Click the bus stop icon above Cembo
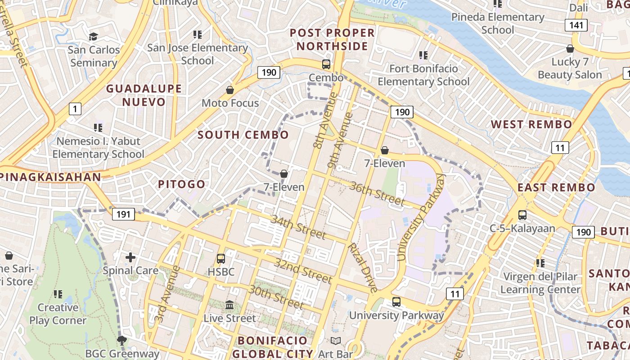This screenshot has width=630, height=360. coord(326,64)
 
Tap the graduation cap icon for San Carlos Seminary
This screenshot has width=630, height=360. coord(93,36)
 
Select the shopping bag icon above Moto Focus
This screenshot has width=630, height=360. coord(230,90)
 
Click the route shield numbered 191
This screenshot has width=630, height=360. coord(123,214)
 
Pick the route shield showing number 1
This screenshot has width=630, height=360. coord(75,108)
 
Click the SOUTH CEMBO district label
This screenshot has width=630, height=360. coord(243,135)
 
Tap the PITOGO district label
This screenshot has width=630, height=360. coord(181,184)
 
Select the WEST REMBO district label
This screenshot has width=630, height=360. coord(531,124)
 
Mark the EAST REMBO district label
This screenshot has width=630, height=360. coord(556,188)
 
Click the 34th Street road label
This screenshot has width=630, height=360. coord(298,227)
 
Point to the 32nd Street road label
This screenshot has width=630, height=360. coord(304,271)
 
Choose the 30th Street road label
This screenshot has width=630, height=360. coord(276,297)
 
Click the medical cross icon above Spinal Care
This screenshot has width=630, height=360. coord(130,257)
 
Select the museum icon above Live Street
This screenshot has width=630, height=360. coord(229,305)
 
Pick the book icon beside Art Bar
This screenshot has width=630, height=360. coord(336,341)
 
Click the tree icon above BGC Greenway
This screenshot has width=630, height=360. coord(121,340)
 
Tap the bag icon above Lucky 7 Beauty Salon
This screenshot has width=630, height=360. coord(570,49)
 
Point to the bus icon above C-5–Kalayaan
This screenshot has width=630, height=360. coord(522,215)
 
